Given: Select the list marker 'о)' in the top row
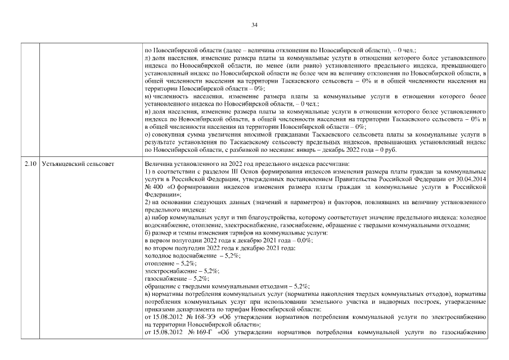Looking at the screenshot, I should [147, 136].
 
